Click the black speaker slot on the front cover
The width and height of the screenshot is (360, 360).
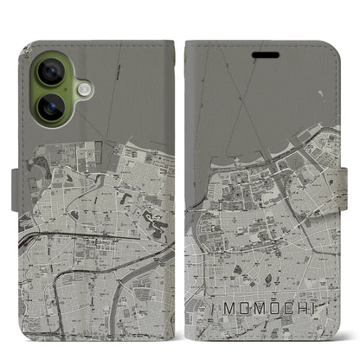265,54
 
